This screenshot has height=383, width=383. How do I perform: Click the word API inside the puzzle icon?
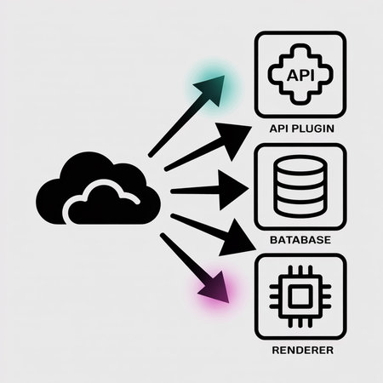(300, 75)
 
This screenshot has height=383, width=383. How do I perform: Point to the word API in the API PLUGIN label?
(279, 130)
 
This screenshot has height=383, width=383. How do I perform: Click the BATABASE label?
(300, 240)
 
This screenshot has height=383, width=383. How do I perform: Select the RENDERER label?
(300, 350)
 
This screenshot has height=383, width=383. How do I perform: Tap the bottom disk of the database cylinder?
(300, 207)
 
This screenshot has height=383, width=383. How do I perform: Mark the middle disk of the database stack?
(300, 188)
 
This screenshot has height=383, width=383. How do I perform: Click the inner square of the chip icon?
(300, 296)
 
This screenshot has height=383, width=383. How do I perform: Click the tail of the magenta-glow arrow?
(162, 236)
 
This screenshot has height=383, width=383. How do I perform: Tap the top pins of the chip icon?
(300, 272)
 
